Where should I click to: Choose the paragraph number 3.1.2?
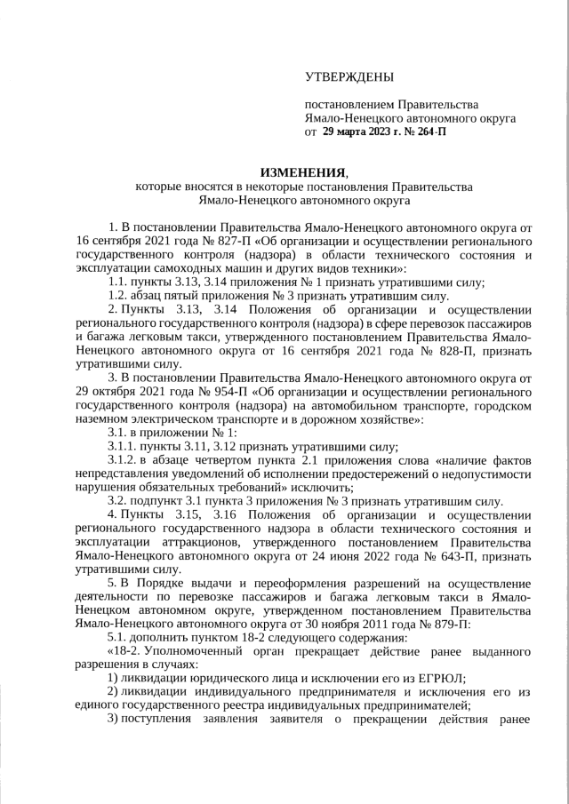122,460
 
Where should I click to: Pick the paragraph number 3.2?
117,501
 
